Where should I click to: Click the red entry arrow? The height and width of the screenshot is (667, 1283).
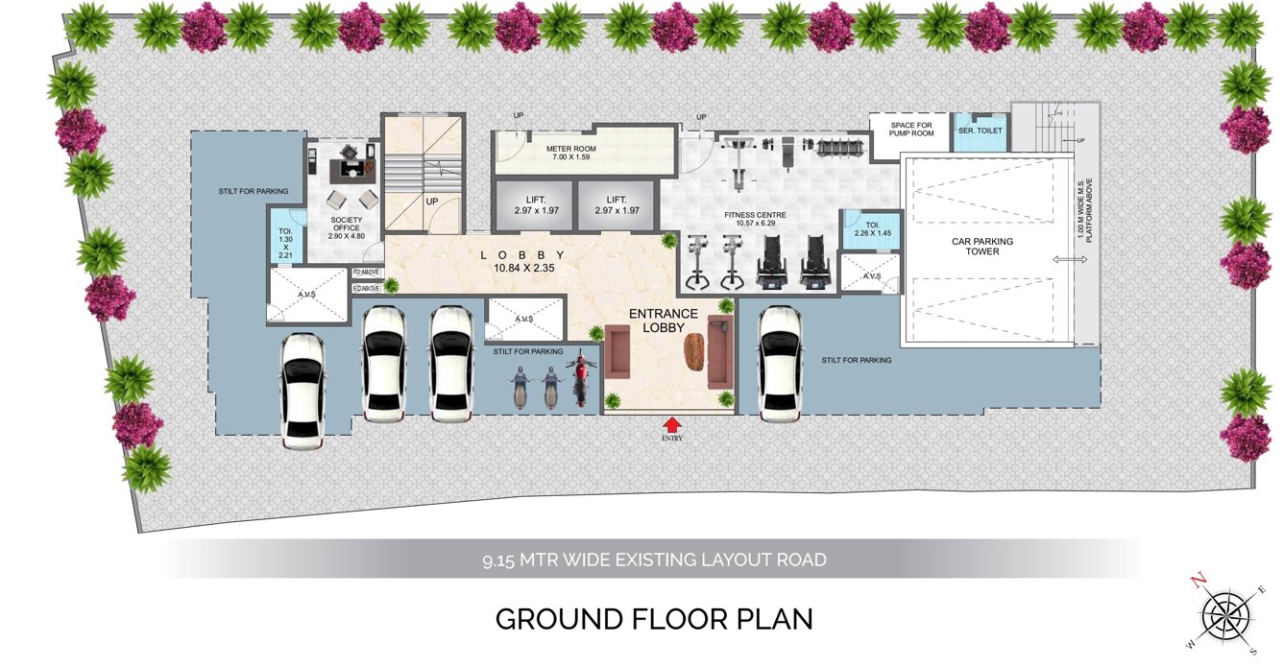click(x=672, y=423)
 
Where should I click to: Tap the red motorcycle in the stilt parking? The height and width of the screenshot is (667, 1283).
click(x=579, y=380)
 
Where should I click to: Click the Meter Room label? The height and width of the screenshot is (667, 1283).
click(x=571, y=154)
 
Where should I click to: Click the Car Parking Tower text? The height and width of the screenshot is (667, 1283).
click(x=981, y=247)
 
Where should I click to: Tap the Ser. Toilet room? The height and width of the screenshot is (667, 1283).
click(x=980, y=131)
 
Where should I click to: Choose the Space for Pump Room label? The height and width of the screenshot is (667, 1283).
click(x=911, y=130)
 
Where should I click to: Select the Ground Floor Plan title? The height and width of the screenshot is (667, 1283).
click(x=654, y=619)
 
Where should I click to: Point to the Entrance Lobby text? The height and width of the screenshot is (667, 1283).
click(x=663, y=321)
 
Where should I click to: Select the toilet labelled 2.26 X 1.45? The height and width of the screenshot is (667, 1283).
click(x=863, y=230)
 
